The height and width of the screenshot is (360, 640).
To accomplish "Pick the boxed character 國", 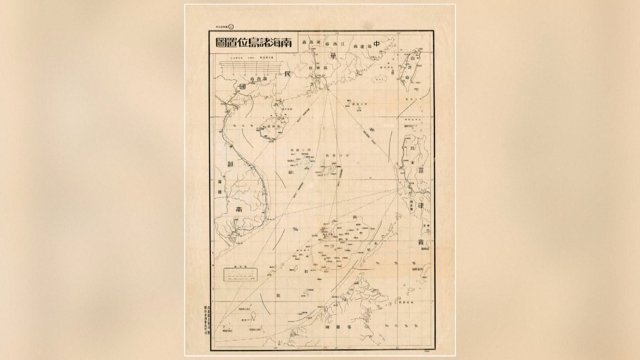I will pos(242,87).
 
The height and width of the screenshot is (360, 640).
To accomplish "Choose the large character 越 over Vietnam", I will pos(230,164).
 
